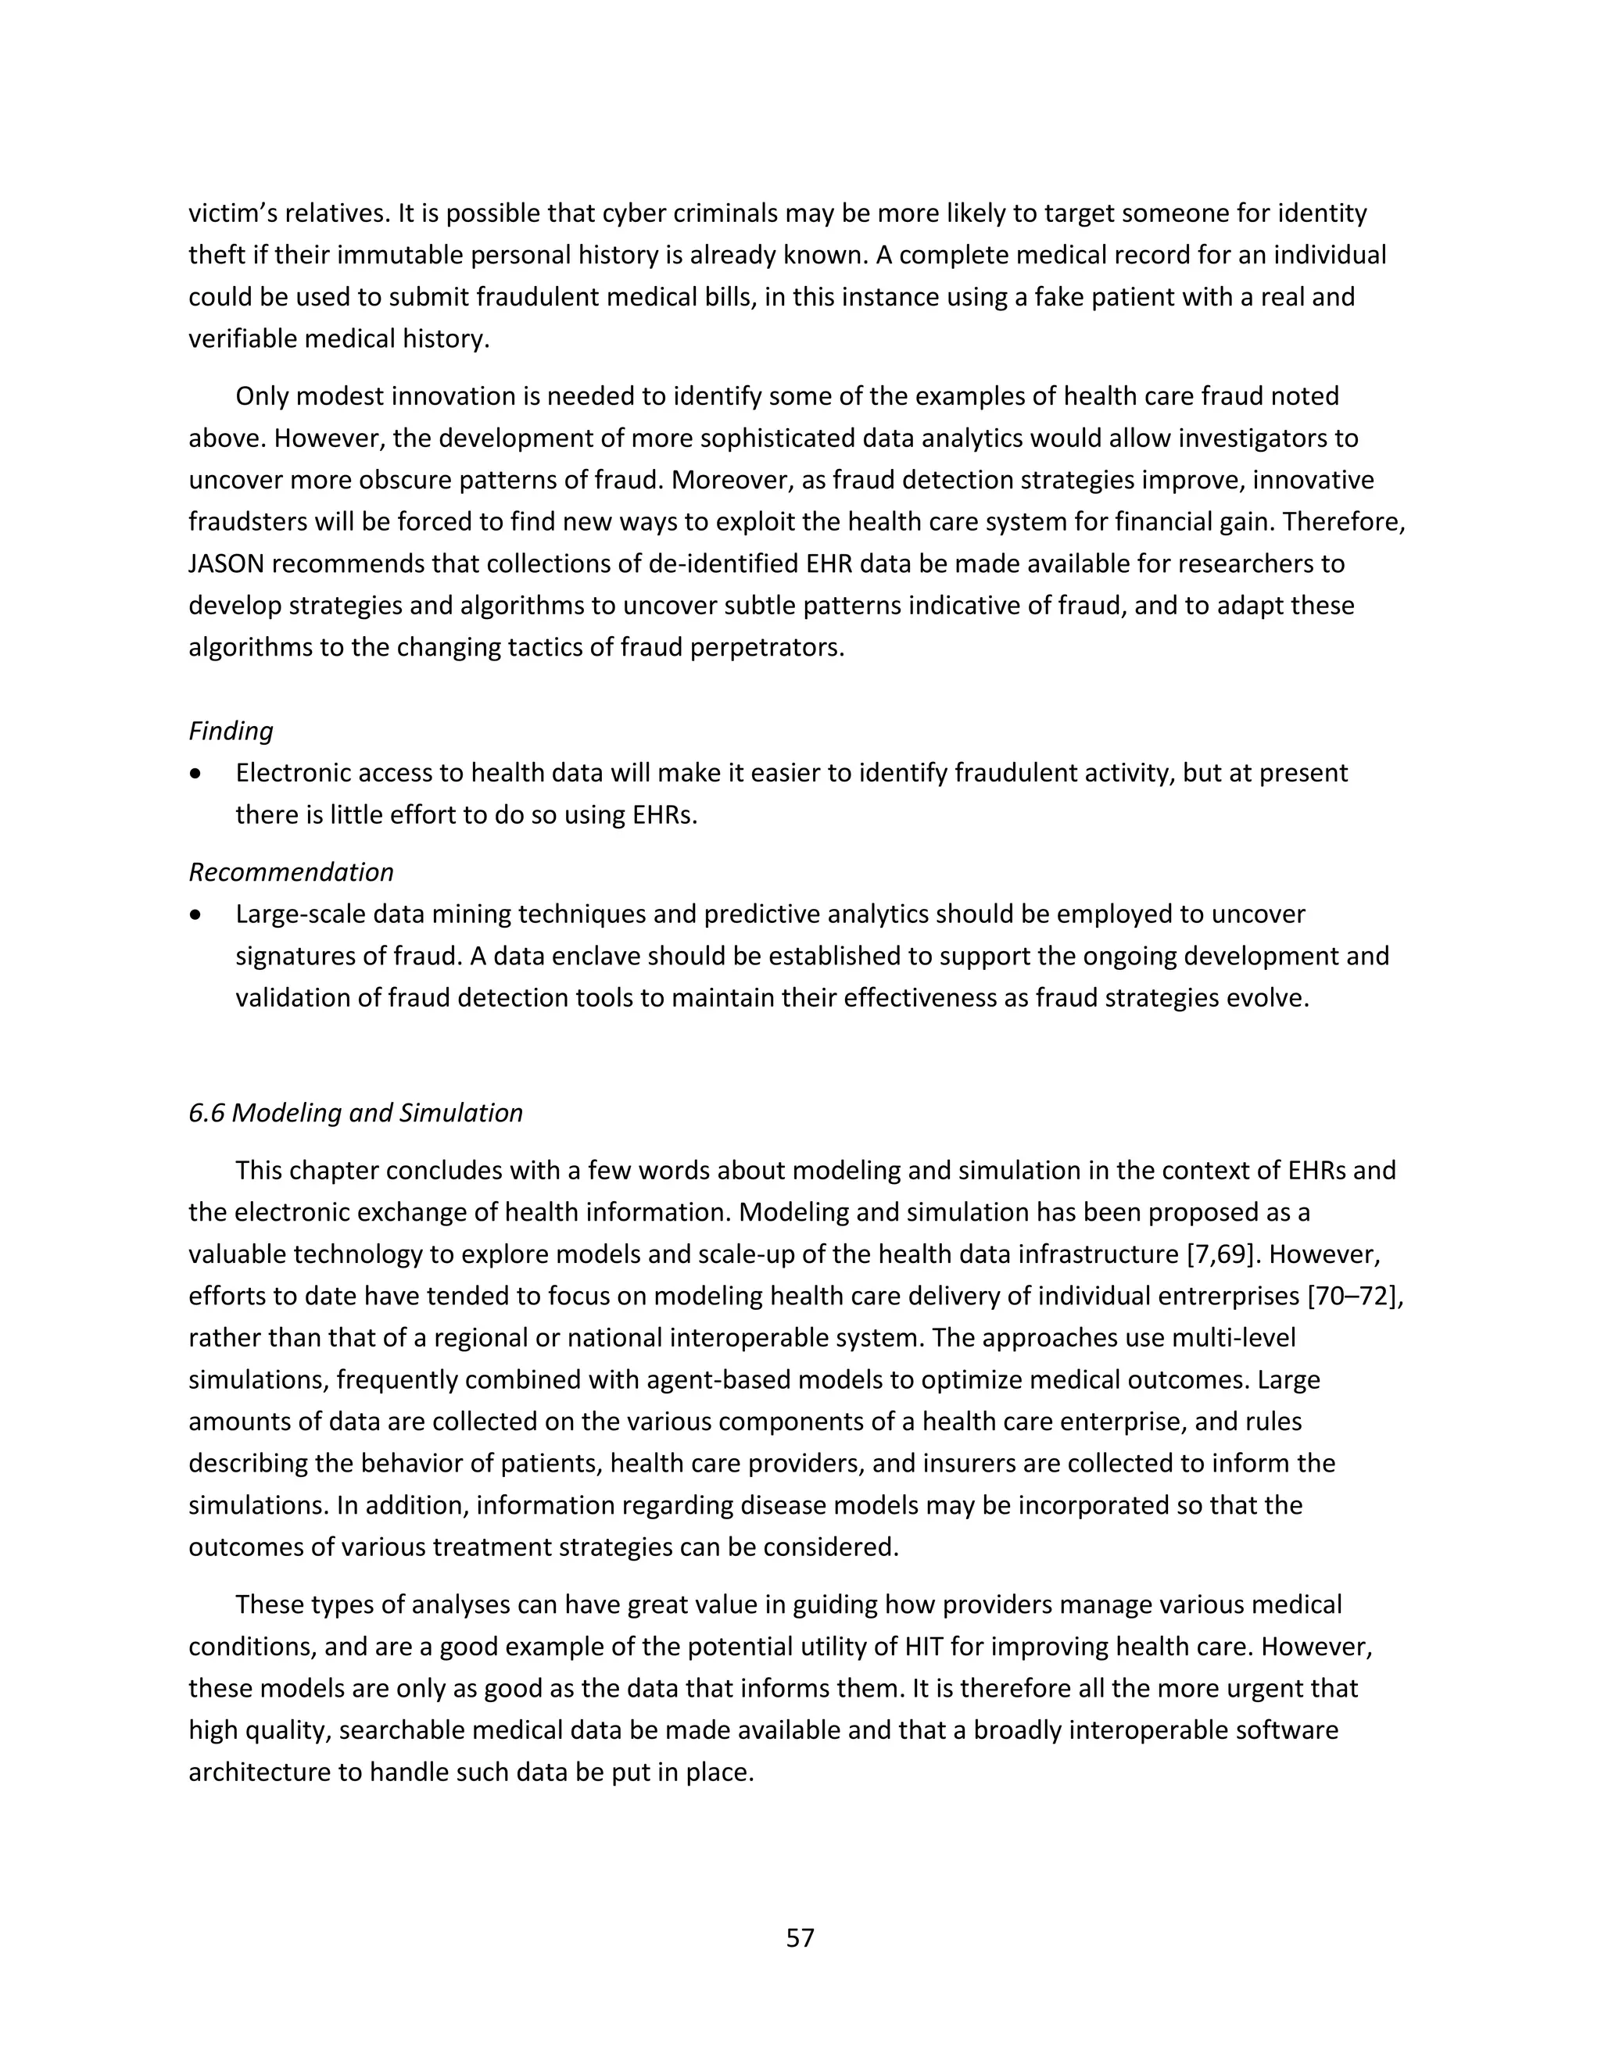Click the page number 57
click(x=800, y=1937)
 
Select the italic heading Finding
click(x=231, y=731)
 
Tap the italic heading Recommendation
click(x=291, y=872)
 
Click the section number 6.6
click(x=206, y=1112)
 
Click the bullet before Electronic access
click(x=195, y=774)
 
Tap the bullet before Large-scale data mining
click(x=195, y=915)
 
